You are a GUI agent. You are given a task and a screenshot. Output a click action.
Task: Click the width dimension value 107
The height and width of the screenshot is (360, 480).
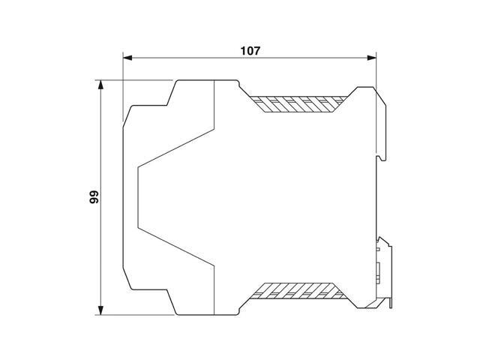click(x=250, y=51)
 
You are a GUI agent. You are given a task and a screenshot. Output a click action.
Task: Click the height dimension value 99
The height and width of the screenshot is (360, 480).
click(x=93, y=197)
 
